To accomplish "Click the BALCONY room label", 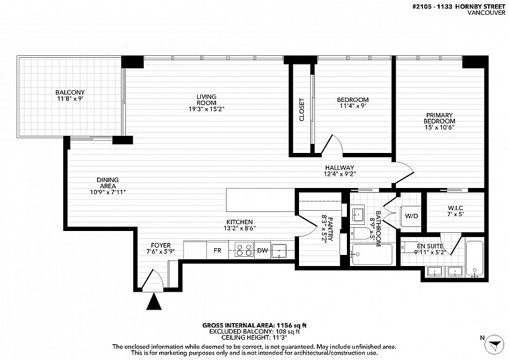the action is (x=70, y=92).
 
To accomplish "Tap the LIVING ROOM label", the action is (x=206, y=100).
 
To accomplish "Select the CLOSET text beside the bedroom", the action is (x=302, y=110).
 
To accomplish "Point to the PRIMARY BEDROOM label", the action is (x=439, y=118).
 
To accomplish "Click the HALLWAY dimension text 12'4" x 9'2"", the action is (x=340, y=174).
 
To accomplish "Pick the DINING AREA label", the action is (x=108, y=183).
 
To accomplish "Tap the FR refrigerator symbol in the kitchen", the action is (x=217, y=250).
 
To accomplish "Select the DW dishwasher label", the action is (x=262, y=251).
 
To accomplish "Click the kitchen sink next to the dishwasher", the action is (x=279, y=250).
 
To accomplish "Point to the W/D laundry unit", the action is (x=411, y=216).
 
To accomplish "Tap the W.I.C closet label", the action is (x=456, y=208).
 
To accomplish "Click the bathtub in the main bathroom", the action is (x=372, y=254).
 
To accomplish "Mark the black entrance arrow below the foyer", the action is (x=154, y=301).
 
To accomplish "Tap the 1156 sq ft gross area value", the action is (x=291, y=325).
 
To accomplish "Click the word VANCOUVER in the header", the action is (x=486, y=13).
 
